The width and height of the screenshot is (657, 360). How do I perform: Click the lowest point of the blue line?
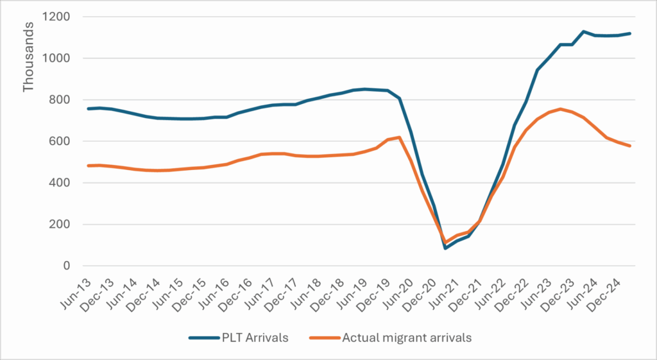coord(445,248)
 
